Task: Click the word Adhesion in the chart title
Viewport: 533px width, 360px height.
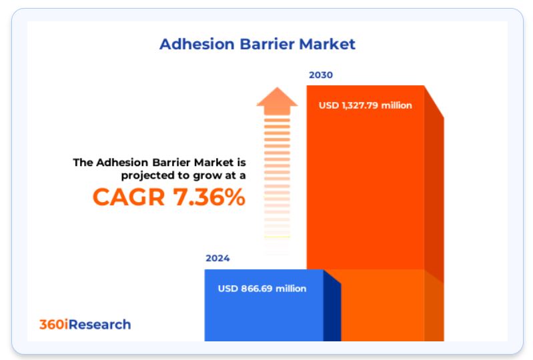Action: (x=197, y=44)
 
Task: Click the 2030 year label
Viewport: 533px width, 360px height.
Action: (x=321, y=75)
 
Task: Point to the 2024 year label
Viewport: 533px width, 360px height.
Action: (x=217, y=258)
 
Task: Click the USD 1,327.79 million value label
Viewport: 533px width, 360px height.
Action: (x=366, y=105)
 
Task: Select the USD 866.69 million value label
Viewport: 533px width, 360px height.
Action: (x=262, y=289)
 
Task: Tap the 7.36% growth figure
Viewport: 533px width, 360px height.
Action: (x=209, y=197)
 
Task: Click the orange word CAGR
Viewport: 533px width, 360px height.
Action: (x=129, y=197)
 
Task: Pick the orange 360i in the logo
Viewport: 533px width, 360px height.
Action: (x=54, y=325)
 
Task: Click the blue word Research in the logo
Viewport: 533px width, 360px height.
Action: (x=99, y=325)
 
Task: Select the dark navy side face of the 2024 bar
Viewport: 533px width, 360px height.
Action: (x=332, y=309)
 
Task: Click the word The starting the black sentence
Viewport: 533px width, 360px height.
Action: (x=83, y=163)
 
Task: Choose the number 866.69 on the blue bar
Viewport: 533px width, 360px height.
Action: (x=257, y=289)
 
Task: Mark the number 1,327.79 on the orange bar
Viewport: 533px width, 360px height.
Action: (x=360, y=105)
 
